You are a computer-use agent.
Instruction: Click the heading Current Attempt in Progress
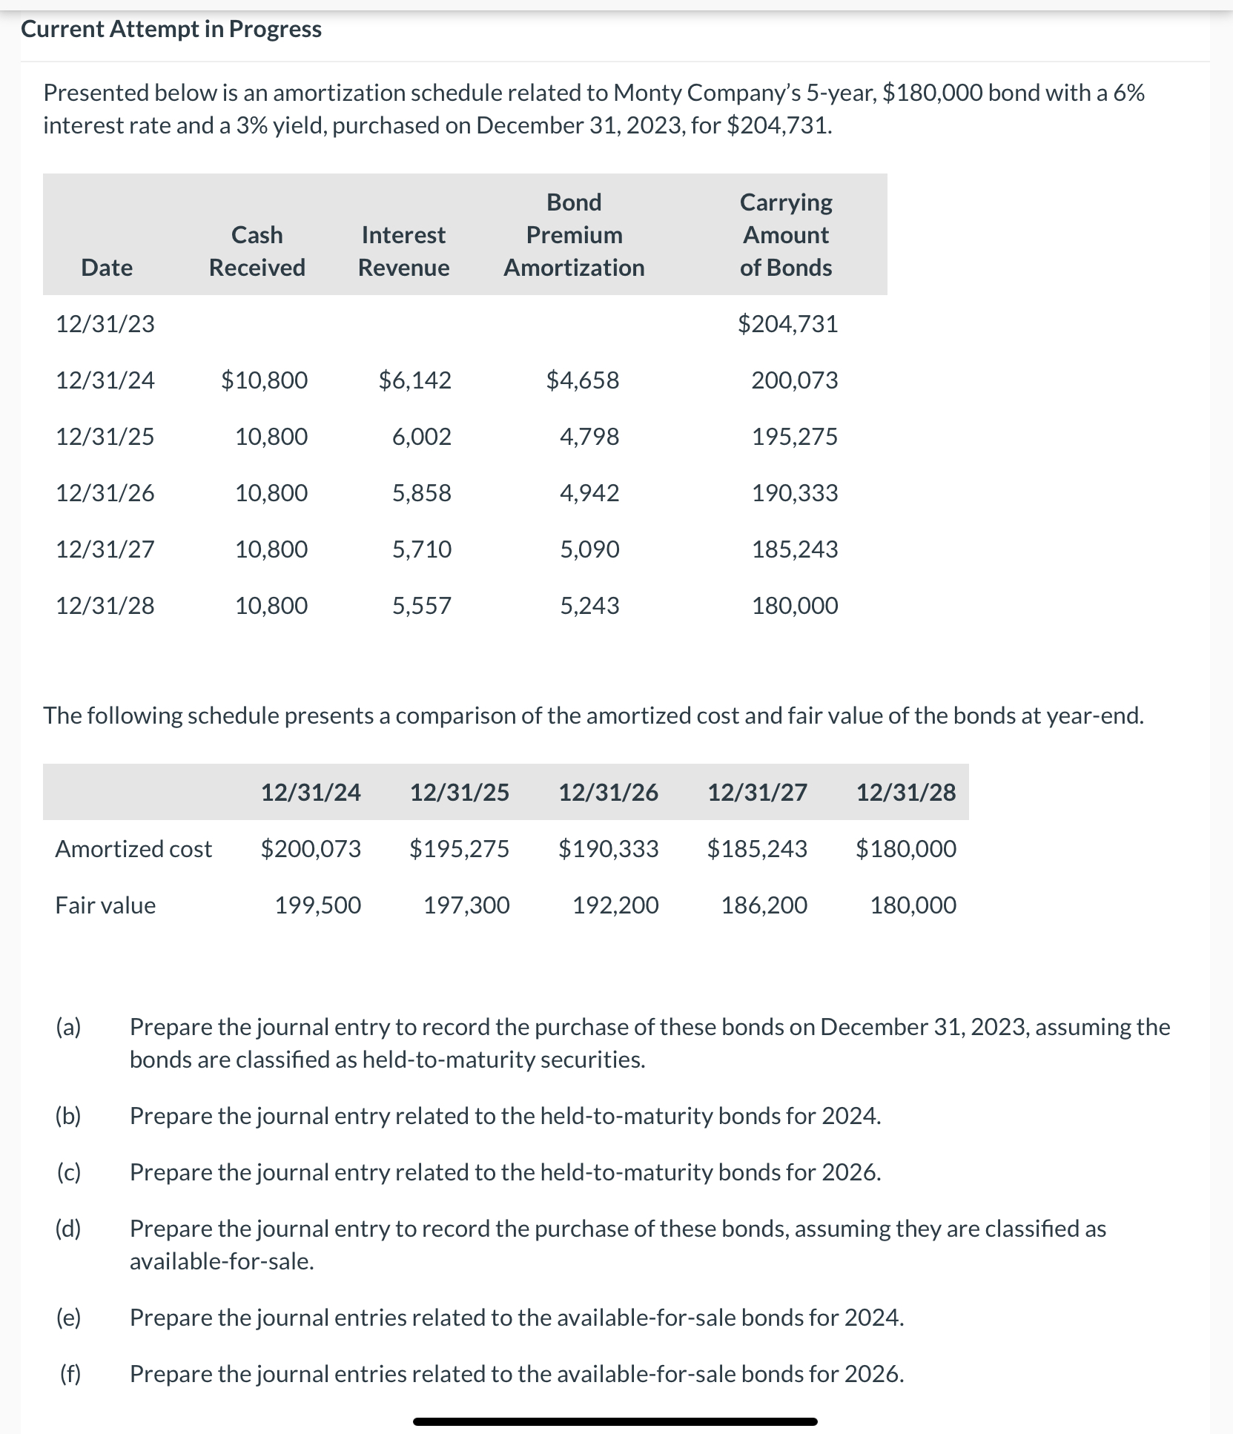tap(171, 29)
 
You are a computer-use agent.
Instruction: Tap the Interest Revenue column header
tap(403, 251)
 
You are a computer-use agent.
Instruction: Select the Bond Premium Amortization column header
tap(574, 234)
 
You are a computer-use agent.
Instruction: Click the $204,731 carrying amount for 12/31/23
tap(787, 324)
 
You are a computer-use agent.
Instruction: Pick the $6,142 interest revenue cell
tap(414, 380)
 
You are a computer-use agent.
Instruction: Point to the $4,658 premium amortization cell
tap(582, 380)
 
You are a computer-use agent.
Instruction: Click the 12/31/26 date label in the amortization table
tap(105, 493)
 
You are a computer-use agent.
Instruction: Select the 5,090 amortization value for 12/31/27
tap(589, 549)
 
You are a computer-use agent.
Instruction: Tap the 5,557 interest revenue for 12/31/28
tap(421, 606)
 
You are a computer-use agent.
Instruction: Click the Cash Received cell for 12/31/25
tap(271, 437)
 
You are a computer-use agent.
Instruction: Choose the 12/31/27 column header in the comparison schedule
tap(757, 793)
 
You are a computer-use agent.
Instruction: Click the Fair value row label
tap(105, 905)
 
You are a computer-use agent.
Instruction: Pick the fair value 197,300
tap(466, 905)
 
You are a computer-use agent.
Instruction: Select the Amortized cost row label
tap(133, 849)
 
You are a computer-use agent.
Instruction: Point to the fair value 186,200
tap(764, 905)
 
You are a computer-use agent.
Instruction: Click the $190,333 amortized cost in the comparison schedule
tap(608, 849)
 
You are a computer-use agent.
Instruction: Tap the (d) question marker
tap(69, 1229)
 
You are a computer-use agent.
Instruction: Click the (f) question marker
tap(70, 1374)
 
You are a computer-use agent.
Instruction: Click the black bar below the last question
tap(615, 1421)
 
